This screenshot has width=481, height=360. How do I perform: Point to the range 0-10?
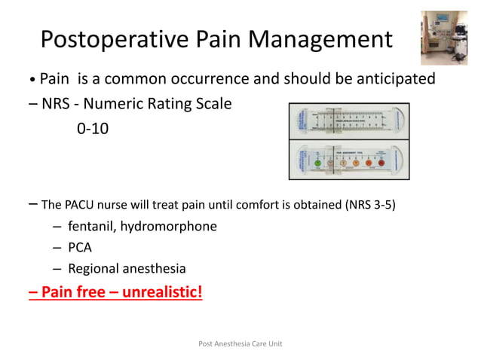93,129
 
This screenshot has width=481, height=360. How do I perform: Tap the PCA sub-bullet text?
81,247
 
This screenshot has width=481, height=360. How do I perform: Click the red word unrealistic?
160,291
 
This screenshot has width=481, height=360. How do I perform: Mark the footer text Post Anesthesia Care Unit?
240,343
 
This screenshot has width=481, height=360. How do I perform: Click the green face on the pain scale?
317,162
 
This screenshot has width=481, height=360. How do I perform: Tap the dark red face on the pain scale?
381,162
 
